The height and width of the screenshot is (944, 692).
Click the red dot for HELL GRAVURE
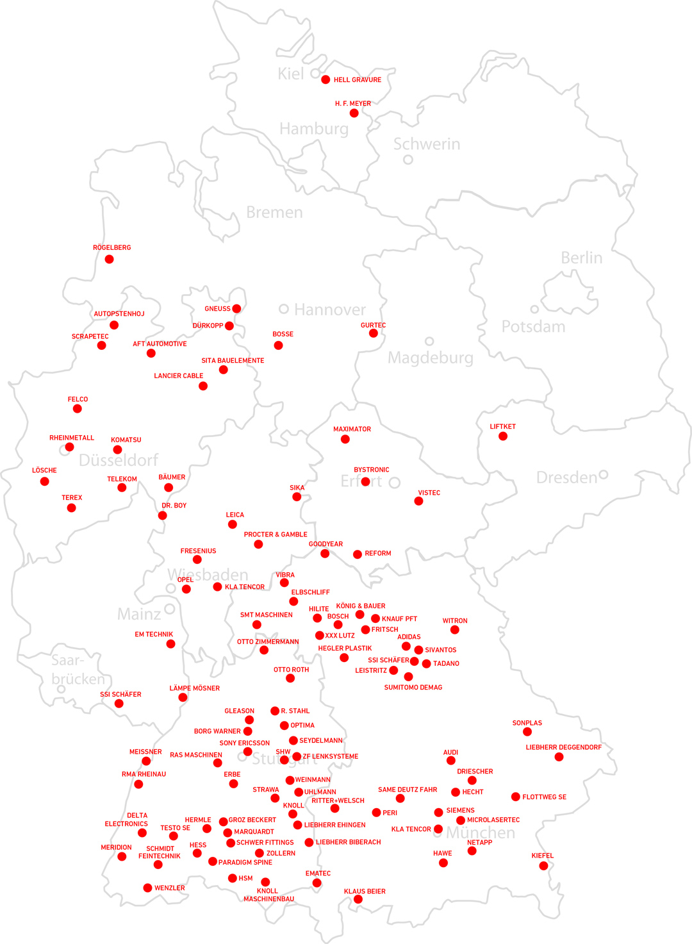point(325,79)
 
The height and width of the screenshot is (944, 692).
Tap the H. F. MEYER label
point(352,103)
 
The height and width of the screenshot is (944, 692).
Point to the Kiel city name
point(290,74)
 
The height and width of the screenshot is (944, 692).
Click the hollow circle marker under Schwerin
point(408,160)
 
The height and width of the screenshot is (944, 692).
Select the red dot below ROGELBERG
point(110,259)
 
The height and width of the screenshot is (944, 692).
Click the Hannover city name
point(330,310)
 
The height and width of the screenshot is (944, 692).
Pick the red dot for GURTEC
point(374,333)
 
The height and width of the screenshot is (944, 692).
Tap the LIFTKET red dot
point(503,436)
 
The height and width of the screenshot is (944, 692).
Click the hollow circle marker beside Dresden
point(603,475)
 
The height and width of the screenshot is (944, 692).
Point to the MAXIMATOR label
point(352,429)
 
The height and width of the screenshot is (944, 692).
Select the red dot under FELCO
point(78,409)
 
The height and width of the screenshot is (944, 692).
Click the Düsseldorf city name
point(119,460)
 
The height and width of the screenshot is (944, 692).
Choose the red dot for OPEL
point(186,589)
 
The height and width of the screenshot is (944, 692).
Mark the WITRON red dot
point(455,630)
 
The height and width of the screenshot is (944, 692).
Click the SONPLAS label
point(527,723)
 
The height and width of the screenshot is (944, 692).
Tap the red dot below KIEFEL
point(543,866)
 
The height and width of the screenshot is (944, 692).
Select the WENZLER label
point(169,888)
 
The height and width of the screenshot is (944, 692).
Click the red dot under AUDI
point(451,761)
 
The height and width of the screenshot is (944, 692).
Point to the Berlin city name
point(581,258)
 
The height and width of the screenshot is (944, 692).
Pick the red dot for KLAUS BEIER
point(358,900)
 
